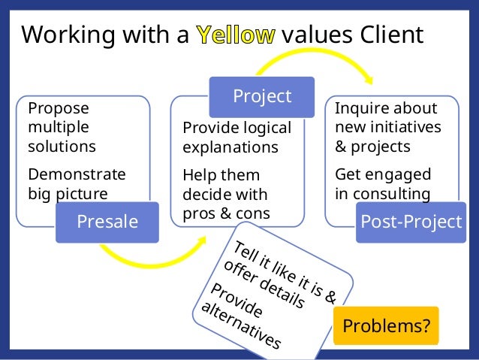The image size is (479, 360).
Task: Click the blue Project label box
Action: click(x=261, y=96)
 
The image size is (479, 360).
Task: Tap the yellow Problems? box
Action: click(x=386, y=326)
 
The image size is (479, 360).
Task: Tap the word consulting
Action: click(x=393, y=194)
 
